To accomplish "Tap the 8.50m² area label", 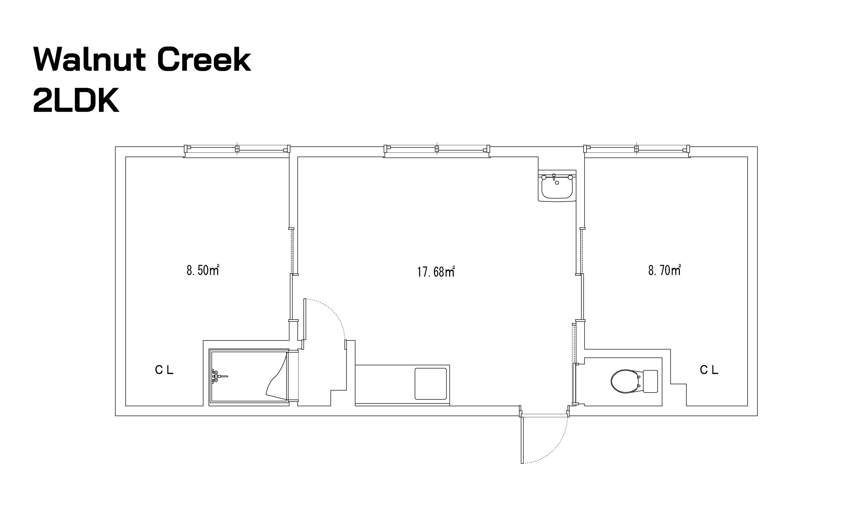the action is coord(203,270).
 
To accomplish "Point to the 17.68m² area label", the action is coord(436,271).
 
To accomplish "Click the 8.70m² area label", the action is coord(664,270).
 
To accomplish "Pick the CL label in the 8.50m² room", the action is coord(164,370).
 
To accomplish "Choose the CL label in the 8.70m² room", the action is coord(709,370).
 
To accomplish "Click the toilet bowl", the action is coord(625,381).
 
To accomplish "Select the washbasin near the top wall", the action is coord(557,186).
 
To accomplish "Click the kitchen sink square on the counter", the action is coord(431,384).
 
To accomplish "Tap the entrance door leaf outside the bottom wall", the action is coord(522,439).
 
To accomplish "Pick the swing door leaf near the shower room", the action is coord(305,319).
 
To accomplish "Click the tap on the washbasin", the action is coord(554,177).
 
